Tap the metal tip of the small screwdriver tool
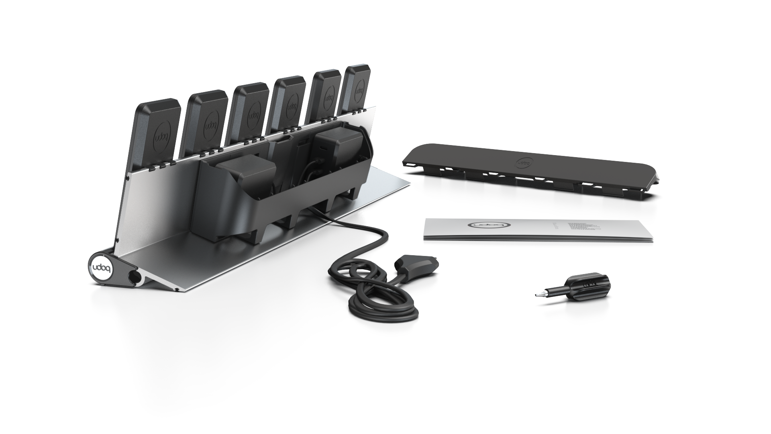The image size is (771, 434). tap(537, 296)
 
